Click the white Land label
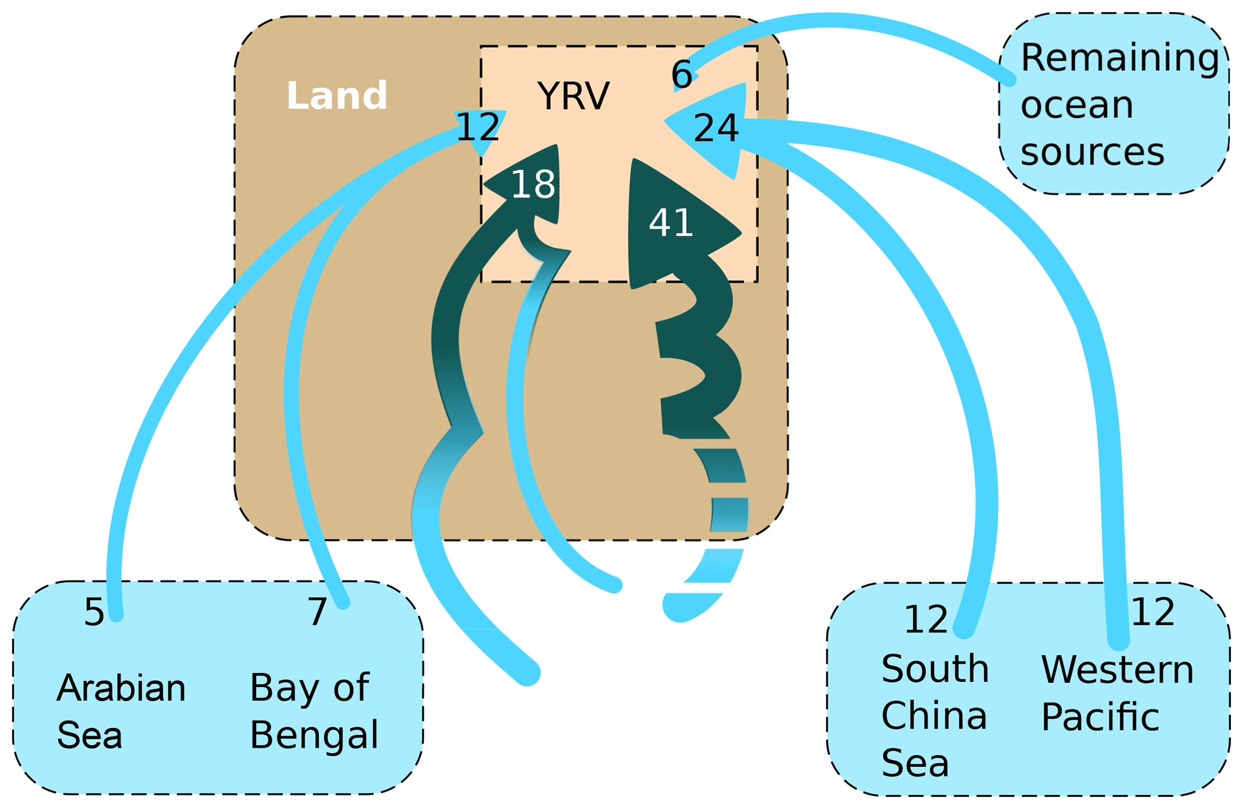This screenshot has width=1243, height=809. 336,96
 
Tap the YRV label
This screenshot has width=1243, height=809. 573,96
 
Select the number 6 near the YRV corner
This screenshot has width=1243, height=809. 682,75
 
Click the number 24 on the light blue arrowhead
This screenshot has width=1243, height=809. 716,128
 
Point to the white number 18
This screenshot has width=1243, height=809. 533,184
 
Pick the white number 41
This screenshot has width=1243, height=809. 671,223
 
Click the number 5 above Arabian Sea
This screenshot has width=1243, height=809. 94,613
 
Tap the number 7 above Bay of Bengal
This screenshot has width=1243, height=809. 318,612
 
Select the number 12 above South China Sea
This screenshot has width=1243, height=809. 925,620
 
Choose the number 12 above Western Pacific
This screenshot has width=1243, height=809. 1153,612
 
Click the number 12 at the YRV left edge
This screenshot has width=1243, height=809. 478,127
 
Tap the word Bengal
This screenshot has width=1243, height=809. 314,734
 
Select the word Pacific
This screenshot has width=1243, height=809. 1100,716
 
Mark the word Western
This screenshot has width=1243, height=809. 1117,669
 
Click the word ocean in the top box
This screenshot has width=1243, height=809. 1076,105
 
